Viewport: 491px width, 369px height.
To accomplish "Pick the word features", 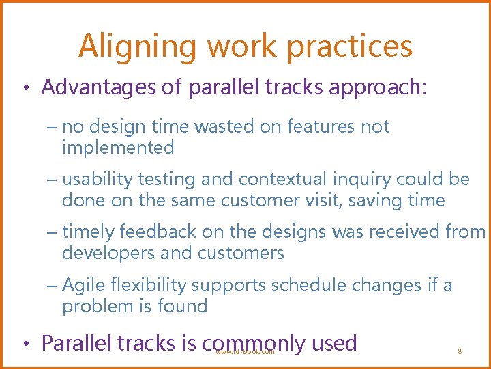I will pos(324,126).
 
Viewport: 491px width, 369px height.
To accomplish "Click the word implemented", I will pos(118,148).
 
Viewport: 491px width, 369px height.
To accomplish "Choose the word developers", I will pos(109,254).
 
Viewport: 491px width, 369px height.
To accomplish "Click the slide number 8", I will pos(460,351).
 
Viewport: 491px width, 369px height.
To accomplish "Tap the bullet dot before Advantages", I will pos(24,88).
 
